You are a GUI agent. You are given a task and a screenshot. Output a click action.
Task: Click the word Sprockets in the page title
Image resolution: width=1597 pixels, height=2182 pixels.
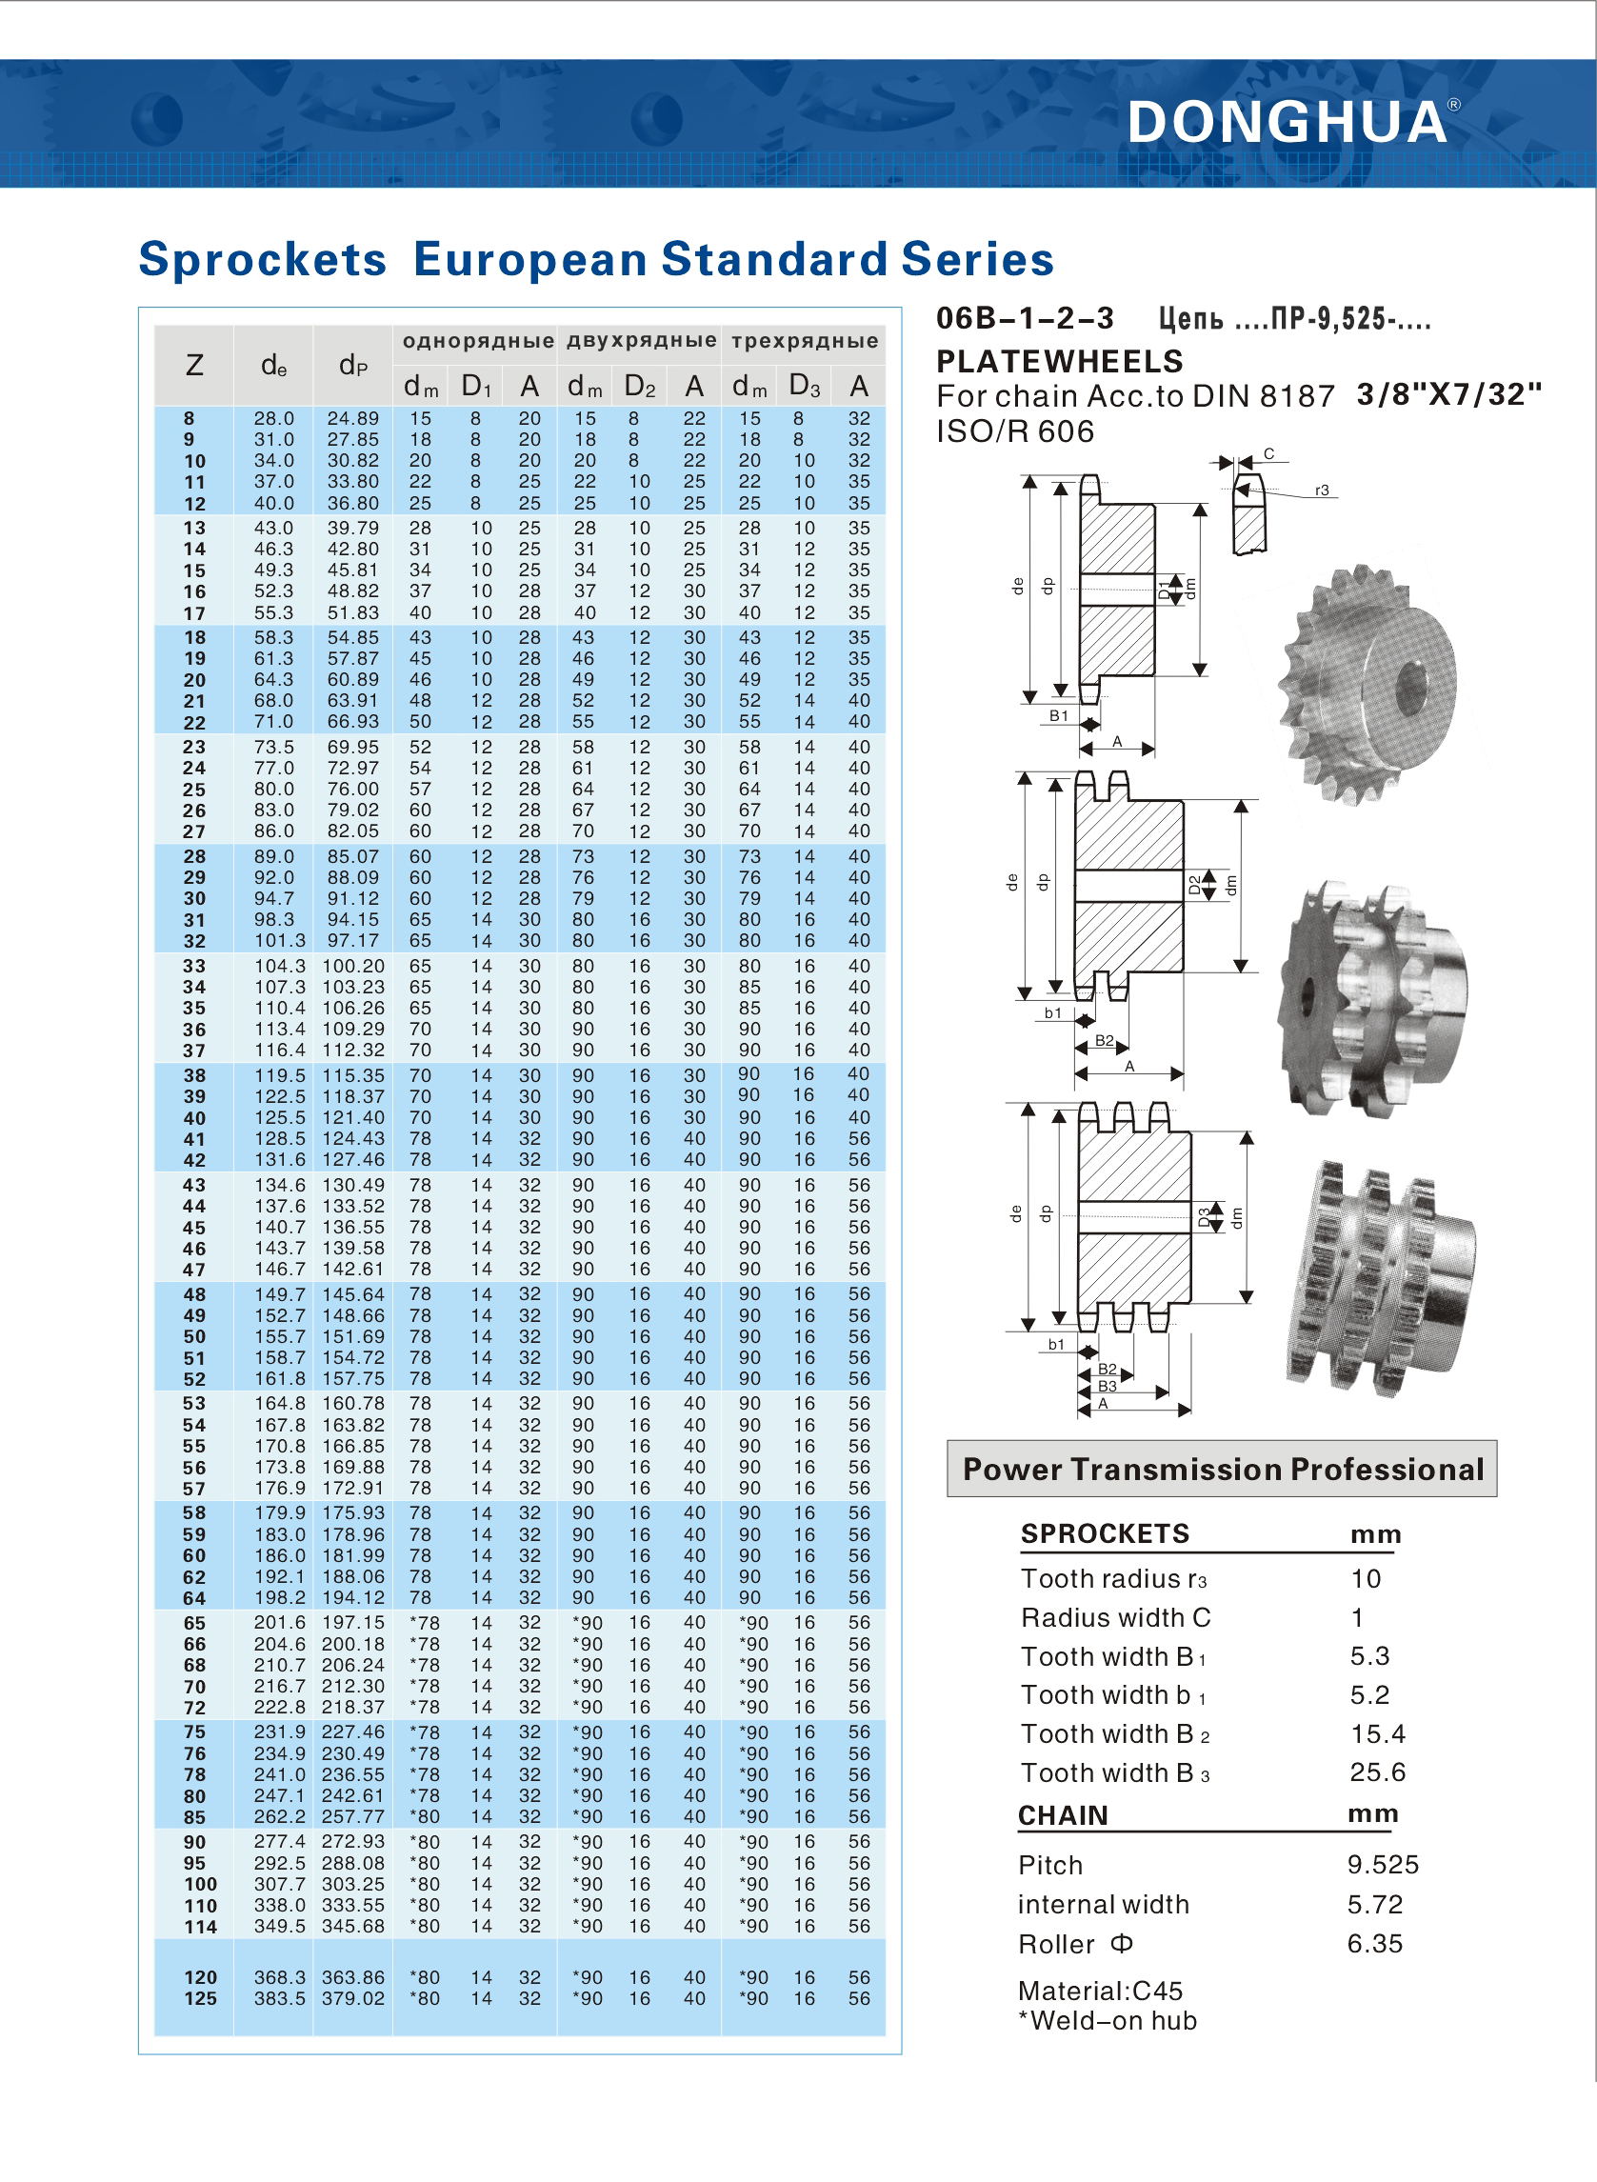pyautogui.click(x=262, y=259)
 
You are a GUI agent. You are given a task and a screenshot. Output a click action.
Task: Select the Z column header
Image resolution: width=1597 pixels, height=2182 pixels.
pyautogui.click(x=194, y=366)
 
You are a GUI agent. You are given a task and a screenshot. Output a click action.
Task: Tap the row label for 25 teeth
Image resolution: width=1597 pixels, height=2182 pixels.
pyautogui.click(x=194, y=790)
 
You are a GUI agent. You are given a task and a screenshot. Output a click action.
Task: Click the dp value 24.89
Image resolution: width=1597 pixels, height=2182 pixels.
pyautogui.click(x=353, y=419)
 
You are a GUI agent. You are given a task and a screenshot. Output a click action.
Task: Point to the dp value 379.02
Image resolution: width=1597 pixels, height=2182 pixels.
pyautogui.click(x=353, y=1998)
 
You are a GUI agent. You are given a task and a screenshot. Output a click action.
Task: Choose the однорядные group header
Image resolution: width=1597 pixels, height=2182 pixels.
pyautogui.click(x=477, y=340)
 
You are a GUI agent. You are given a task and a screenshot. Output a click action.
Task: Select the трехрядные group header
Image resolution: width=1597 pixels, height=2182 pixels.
pyautogui.click(x=805, y=340)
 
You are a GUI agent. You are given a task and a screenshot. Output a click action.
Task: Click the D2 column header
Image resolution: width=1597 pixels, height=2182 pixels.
pyautogui.click(x=640, y=387)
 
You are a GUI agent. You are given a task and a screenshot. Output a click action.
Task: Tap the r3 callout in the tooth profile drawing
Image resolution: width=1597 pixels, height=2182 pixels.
pyautogui.click(x=1322, y=490)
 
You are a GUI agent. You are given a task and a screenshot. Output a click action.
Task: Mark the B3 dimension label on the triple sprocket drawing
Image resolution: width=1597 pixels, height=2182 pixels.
pyautogui.click(x=1107, y=1386)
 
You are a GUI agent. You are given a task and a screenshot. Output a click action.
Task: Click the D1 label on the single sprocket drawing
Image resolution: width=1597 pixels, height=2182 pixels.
pyautogui.click(x=1164, y=588)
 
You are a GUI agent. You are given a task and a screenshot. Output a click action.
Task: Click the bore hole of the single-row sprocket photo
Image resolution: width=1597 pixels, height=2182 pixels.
pyautogui.click(x=1412, y=686)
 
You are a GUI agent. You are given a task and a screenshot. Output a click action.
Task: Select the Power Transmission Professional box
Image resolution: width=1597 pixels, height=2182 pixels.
pyautogui.click(x=1222, y=1469)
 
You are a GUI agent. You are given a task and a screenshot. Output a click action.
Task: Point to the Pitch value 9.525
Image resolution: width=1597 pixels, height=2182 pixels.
pyautogui.click(x=1383, y=1864)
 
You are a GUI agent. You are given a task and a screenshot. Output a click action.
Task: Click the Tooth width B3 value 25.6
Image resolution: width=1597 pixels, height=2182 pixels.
pyautogui.click(x=1378, y=1772)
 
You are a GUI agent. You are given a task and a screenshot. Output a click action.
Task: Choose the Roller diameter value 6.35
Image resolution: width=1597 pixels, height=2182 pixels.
pyautogui.click(x=1375, y=1943)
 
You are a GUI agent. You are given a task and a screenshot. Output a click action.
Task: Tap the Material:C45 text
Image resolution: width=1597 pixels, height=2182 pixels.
pyautogui.click(x=1100, y=1991)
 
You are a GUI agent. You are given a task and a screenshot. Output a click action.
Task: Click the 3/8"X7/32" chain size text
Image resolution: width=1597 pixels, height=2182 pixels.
pyautogui.click(x=1448, y=394)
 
